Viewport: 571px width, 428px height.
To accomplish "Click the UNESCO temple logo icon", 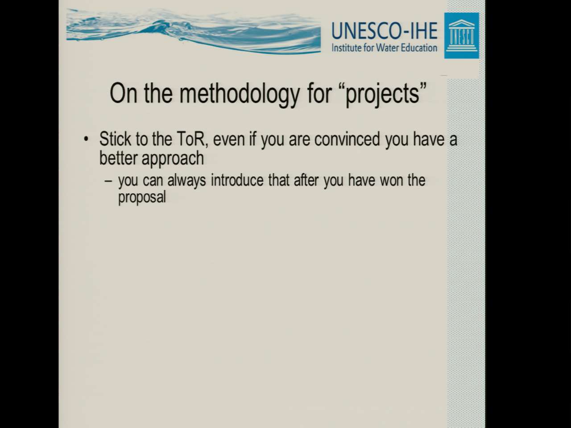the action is pos(461,36).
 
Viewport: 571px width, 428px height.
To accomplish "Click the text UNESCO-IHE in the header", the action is pos(385,31).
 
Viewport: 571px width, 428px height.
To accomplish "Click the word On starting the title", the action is pos(123,94).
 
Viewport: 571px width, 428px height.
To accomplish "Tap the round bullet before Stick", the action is pos(86,139).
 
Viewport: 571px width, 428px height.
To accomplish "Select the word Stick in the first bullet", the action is pos(115,139).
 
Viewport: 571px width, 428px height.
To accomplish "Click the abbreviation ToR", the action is pos(192,139).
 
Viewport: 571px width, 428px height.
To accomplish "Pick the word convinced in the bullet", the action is pos(347,139).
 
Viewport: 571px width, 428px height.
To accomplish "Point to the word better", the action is pos(119,158).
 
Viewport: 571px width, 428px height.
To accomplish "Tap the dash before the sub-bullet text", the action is pos(108,181).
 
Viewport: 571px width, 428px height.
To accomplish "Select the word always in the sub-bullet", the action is pos(186,181).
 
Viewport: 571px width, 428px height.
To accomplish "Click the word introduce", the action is pos(237,180).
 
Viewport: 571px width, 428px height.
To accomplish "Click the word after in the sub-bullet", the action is pos(306,180).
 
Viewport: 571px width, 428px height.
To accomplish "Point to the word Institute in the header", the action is pos(347,48).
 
